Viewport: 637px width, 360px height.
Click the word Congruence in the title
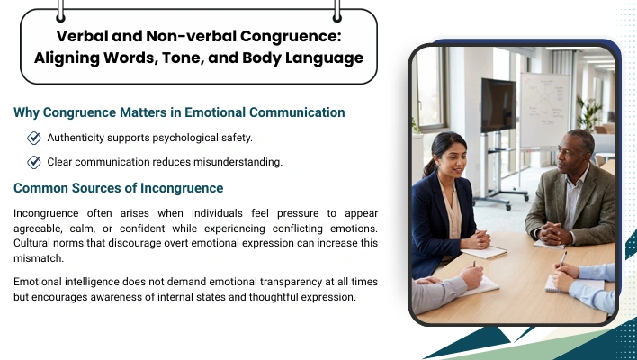click(x=291, y=36)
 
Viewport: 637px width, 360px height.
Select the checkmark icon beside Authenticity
click(x=34, y=138)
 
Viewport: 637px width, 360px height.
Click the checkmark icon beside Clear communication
click(x=34, y=162)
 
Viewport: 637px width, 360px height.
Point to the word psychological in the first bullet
click(x=185, y=138)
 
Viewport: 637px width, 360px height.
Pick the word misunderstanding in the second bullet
click(x=238, y=162)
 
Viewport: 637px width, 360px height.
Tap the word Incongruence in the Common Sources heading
click(x=182, y=188)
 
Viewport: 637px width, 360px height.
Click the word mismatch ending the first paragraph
click(x=39, y=258)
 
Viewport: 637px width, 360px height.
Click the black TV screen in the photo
click(x=498, y=105)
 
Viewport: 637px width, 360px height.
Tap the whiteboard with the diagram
click(x=545, y=110)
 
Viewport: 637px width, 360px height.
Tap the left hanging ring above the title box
click(x=60, y=11)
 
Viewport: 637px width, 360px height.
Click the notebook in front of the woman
click(x=485, y=252)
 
